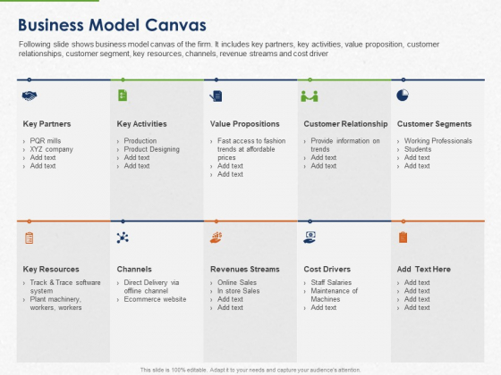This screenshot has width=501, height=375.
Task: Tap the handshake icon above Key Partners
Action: pos(30,96)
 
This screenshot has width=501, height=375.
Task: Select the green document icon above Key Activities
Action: pos(122,96)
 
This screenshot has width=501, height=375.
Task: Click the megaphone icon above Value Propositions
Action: pos(216,96)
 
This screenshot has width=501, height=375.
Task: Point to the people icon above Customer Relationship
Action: pos(310,96)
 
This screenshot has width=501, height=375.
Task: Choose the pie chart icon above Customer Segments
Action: pos(403,95)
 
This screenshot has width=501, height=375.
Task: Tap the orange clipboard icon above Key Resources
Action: pos(30,237)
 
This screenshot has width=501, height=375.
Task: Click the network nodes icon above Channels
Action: pos(123,237)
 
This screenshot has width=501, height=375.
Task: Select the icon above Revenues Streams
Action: pos(216,237)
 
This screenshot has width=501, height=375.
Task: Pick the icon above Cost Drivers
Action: pos(310,237)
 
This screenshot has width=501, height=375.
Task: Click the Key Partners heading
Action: pos(47,124)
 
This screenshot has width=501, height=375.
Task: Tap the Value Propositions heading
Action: pos(244,124)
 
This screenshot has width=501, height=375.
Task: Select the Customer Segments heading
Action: pos(435,124)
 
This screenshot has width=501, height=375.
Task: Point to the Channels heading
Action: pos(134,269)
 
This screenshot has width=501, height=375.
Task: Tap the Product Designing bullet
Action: pos(150,149)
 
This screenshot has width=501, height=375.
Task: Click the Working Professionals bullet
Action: pos(438,141)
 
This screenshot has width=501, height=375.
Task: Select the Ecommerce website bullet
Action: pos(155,299)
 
